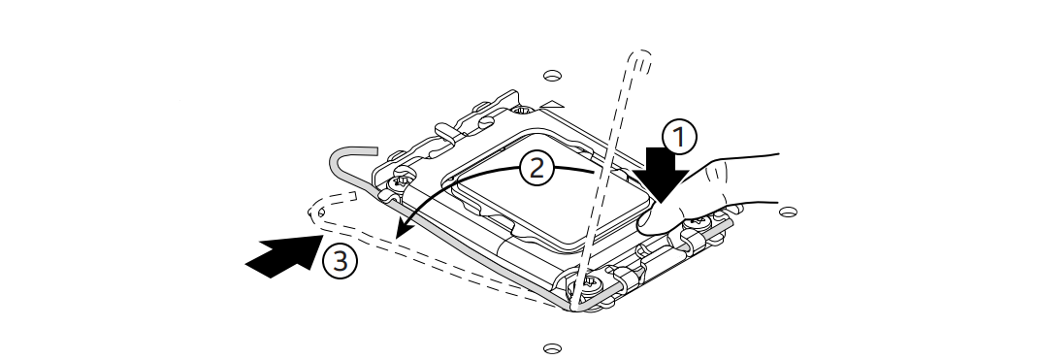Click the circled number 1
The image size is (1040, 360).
679,137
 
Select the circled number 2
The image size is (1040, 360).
536,169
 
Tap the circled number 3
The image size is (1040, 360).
340,261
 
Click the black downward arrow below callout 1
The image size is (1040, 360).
660,174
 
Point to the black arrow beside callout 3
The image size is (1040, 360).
284,256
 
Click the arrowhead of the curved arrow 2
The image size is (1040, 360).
404,229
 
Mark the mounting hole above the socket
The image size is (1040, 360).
553,76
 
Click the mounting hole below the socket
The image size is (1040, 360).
553,348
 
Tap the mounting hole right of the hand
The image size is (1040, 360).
788,213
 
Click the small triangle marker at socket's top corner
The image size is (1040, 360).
552,105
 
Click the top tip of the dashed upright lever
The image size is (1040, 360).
641,53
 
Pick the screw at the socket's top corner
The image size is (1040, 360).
524,110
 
